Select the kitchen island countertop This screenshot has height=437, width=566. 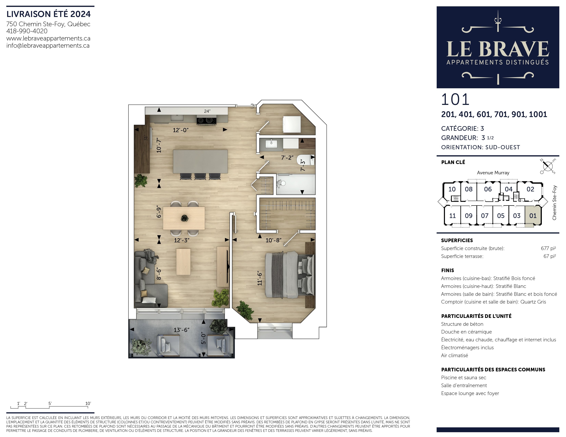(200, 161)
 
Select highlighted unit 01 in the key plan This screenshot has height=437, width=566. (533, 216)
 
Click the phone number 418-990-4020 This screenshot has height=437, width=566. (27, 31)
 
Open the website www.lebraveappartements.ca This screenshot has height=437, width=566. (49, 38)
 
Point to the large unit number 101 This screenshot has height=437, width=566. (455, 99)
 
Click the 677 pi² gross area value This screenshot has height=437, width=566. (548, 248)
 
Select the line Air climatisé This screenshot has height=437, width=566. (455, 355)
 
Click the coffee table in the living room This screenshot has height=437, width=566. (183, 262)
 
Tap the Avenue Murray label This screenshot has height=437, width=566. (493, 173)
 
